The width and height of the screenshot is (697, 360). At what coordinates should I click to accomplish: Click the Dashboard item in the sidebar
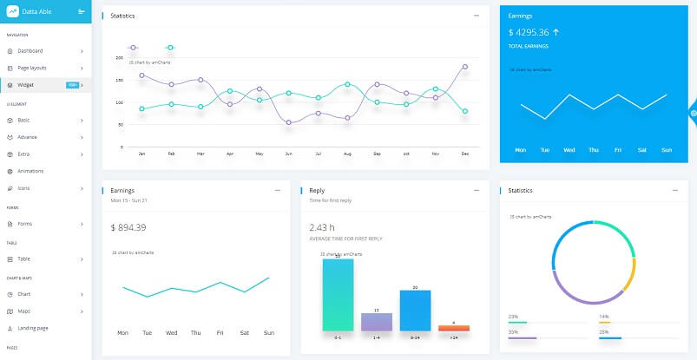click(30, 51)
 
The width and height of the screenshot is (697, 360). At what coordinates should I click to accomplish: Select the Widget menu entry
click(25, 85)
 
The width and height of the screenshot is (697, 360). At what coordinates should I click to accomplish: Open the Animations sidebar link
click(30, 171)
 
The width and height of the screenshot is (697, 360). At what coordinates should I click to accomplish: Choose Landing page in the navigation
click(33, 328)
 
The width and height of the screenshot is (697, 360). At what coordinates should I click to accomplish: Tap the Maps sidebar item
click(24, 311)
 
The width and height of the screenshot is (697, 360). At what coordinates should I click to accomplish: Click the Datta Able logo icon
click(12, 11)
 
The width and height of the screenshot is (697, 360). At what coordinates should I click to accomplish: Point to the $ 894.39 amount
click(128, 227)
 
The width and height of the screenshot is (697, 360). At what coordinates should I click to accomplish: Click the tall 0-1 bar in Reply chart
click(338, 294)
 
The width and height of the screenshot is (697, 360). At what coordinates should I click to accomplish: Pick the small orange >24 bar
click(454, 328)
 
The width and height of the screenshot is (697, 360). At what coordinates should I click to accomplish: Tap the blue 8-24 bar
click(415, 310)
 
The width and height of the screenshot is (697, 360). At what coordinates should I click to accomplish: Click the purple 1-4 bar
click(376, 322)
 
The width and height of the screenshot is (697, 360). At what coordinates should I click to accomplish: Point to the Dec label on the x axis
click(465, 154)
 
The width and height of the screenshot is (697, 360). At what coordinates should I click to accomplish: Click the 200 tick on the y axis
click(119, 58)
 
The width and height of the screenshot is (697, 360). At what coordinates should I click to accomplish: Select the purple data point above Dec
click(465, 66)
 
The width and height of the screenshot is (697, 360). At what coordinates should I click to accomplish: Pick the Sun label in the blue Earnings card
click(667, 150)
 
